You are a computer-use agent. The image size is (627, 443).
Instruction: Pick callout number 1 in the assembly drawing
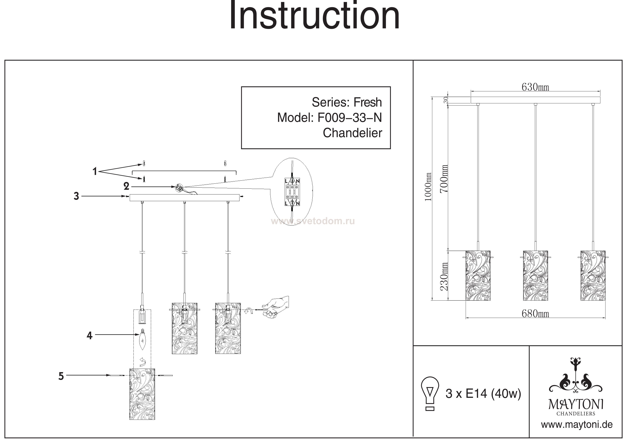pos(95,172)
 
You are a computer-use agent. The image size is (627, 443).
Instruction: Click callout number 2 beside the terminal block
pos(126,187)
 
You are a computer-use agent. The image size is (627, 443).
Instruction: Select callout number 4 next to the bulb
pos(90,335)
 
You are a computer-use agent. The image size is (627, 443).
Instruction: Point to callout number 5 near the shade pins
pos(61,376)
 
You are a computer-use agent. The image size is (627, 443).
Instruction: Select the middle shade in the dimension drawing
pos(535,275)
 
